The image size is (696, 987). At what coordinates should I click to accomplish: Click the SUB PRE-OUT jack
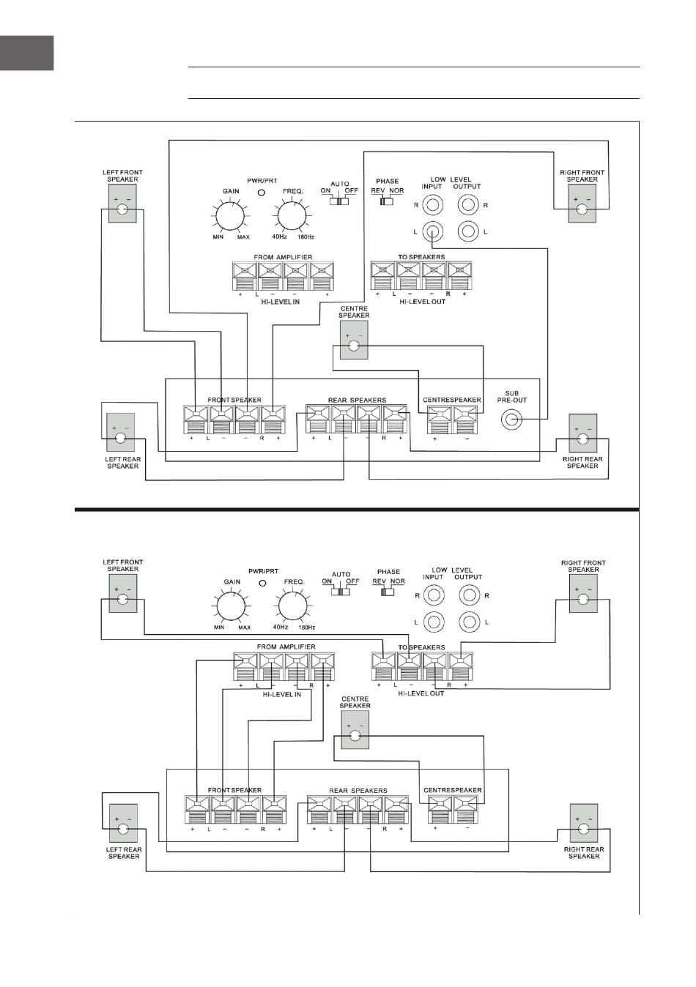tap(511, 420)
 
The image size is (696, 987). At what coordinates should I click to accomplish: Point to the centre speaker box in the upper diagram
tap(354, 340)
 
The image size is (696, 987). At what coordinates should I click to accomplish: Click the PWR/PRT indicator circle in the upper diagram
tap(261, 193)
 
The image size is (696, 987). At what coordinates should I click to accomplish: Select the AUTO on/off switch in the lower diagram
tap(339, 591)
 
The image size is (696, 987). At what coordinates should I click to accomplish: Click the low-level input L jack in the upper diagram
tap(434, 232)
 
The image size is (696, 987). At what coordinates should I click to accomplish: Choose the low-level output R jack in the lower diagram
tap(469, 595)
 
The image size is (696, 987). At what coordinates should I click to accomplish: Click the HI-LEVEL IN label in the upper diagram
tap(281, 302)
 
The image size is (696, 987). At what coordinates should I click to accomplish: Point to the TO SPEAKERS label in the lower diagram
tap(421, 647)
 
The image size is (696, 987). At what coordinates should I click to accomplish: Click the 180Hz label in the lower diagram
tap(306, 627)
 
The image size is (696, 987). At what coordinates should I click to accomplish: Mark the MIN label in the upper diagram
tap(218, 237)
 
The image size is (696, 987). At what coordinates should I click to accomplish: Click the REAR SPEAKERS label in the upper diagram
tap(357, 400)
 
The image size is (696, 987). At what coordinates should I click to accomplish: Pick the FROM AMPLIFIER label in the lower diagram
tap(286, 647)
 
